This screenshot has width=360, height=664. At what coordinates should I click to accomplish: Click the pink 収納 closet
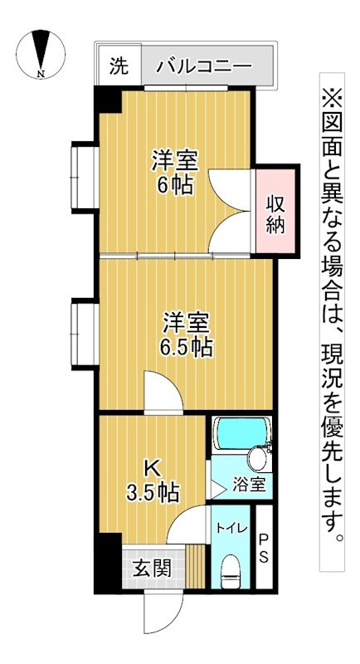coord(275,212)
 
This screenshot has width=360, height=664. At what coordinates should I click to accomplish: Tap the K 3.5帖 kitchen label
coord(152,479)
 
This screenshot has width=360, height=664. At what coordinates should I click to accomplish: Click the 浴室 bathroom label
coord(248,485)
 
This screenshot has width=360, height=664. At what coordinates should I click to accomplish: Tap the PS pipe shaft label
coord(262,548)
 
